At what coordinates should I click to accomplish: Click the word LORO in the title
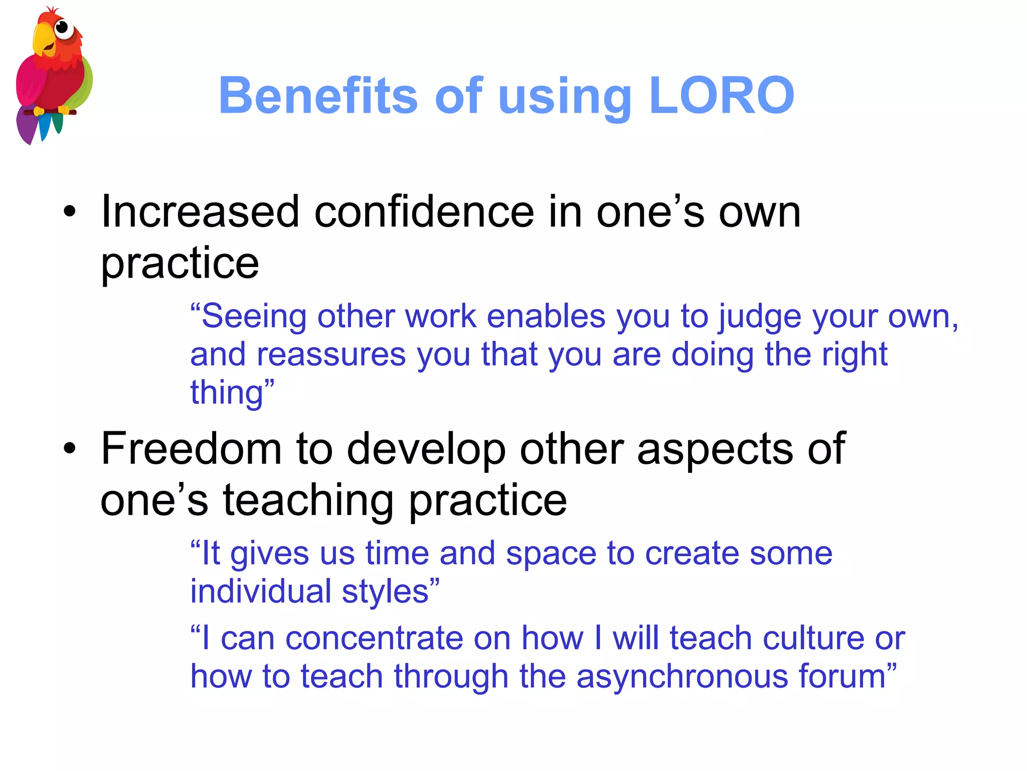pos(721,95)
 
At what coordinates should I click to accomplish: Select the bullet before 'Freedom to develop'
pos(70,448)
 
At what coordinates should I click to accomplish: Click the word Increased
pos(201,212)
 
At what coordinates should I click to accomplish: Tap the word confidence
pos(424,212)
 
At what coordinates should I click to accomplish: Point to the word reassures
pos(331,354)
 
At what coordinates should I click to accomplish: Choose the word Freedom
pos(191,448)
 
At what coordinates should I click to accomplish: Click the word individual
pos(260,591)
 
